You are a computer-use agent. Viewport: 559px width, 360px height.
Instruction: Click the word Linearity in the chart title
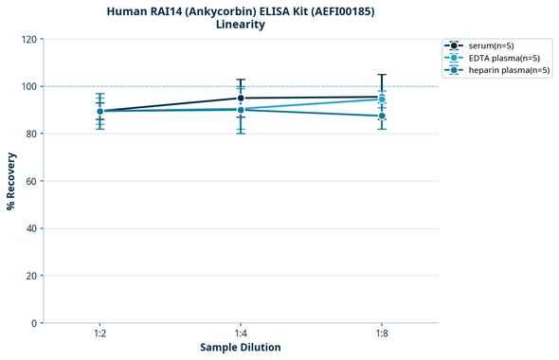pos(241,25)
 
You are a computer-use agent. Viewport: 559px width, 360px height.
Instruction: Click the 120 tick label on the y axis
pos(29,39)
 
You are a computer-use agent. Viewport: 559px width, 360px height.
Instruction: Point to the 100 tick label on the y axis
pos(29,86)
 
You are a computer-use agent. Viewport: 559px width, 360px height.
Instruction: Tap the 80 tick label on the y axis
pos(31,134)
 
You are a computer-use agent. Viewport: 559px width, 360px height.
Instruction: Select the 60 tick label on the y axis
pos(31,181)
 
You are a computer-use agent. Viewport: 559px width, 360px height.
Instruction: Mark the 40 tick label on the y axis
pos(31,228)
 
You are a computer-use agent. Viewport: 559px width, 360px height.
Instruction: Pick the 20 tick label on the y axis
pos(31,276)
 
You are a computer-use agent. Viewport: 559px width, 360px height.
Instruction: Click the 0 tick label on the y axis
pos(34,323)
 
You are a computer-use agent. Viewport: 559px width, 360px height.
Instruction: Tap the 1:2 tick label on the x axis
pos(99,334)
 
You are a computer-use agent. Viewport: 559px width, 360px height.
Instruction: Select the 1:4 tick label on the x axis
pos(241,334)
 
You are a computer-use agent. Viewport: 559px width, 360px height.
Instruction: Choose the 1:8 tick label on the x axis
pos(382,334)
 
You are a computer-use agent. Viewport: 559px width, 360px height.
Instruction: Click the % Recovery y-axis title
pos(11,180)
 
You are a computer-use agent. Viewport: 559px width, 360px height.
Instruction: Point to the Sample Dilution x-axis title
pos(241,348)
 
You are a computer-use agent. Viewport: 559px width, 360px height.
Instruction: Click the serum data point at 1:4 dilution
pos(241,98)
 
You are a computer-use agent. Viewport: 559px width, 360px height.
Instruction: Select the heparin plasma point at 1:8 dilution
pos(382,116)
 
